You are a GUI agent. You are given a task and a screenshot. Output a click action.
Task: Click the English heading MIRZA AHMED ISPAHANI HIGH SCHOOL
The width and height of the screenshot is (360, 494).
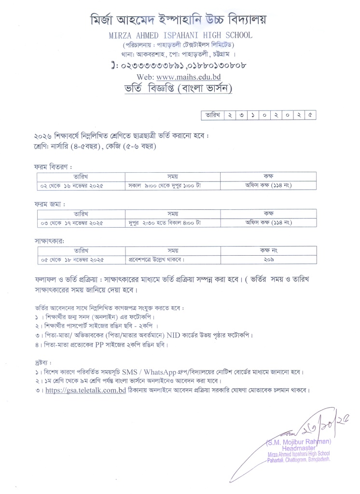coord(180,36)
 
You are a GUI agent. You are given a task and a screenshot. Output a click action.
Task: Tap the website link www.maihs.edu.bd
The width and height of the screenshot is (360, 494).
coord(195,77)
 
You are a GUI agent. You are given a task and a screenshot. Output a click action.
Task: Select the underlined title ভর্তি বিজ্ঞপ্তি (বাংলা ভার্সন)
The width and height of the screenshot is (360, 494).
coord(180,89)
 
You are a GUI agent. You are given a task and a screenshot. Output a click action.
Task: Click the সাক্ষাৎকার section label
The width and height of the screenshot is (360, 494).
coord(47,240)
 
